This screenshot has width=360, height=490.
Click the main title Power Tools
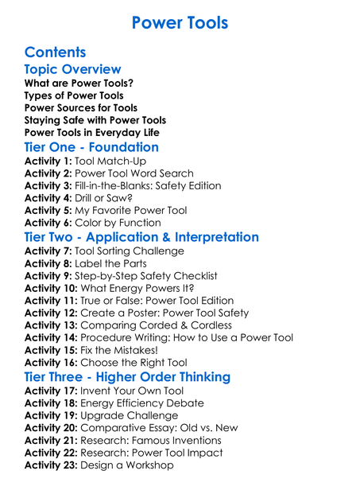tap(180, 21)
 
